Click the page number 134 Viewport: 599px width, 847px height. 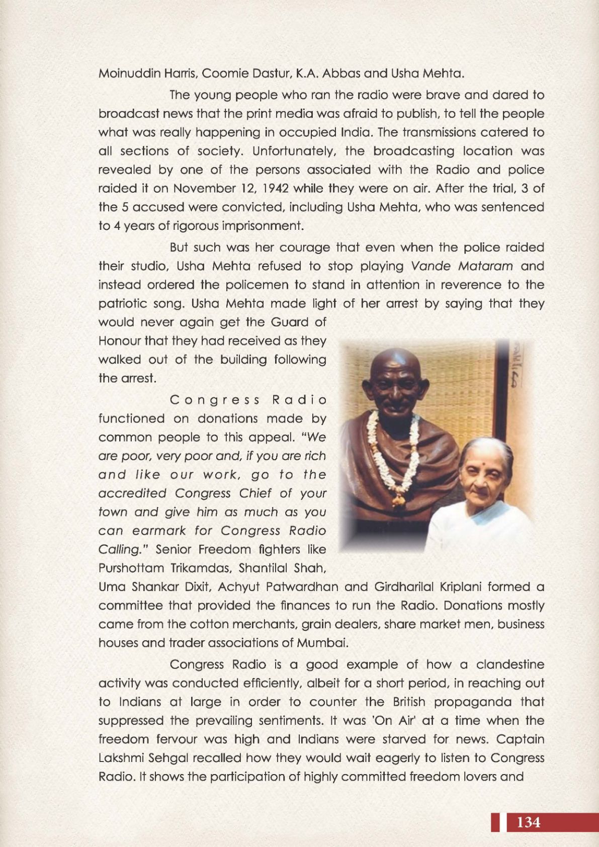point(528,823)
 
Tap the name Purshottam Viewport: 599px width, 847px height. point(131,568)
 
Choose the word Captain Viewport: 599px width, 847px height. point(523,739)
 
